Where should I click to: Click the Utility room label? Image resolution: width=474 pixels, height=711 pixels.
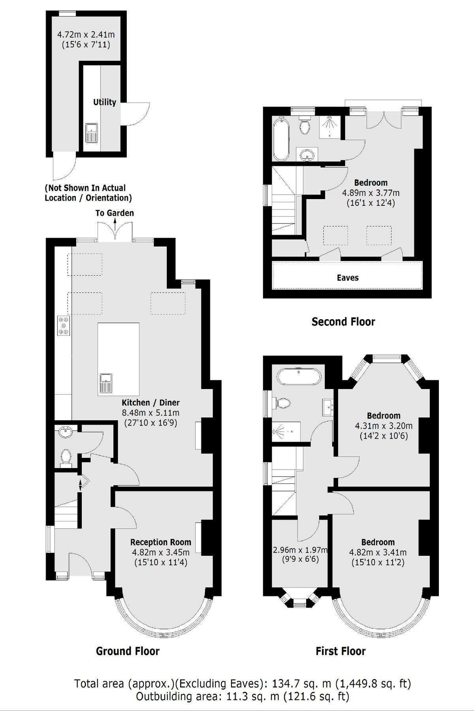tap(104, 102)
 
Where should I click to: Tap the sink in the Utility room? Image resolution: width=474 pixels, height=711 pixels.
tap(92, 132)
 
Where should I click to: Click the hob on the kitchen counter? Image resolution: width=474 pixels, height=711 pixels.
tap(64, 325)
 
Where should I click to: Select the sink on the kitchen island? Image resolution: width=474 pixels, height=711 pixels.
tap(106, 383)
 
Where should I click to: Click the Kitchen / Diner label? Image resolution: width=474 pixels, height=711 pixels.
tap(150, 403)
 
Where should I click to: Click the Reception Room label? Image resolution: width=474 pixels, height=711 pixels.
tap(160, 542)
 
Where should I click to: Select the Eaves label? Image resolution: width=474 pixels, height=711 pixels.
tap(348, 278)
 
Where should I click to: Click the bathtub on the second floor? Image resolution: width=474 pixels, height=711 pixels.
tap(281, 138)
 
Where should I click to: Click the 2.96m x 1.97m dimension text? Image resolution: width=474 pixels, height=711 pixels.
tap(300, 550)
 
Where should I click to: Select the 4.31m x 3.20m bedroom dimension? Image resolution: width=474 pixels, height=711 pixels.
tap(384, 426)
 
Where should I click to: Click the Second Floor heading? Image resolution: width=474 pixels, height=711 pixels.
tap(343, 322)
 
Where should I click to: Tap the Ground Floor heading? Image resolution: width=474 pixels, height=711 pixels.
tap(128, 651)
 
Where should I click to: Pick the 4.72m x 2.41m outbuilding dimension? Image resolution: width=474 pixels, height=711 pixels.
tap(86, 35)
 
